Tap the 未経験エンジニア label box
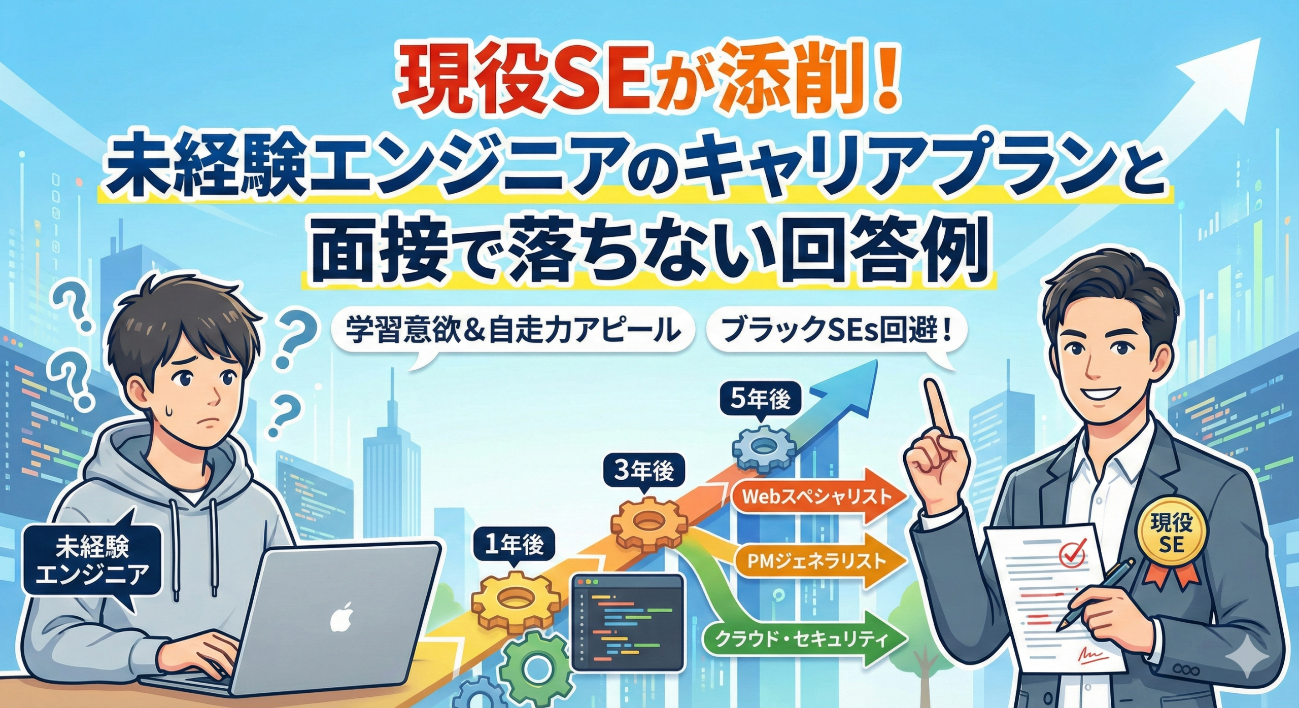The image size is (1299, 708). click(92, 560)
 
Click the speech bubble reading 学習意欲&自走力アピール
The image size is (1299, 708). click(512, 332)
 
